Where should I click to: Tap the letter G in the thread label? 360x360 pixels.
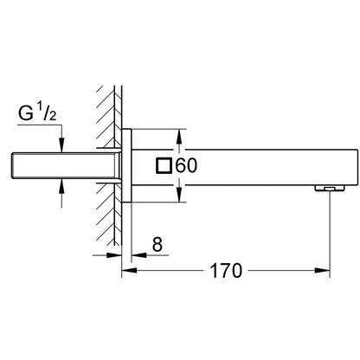(x=28, y=112)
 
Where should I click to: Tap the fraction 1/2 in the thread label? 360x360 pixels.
(x=47, y=112)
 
